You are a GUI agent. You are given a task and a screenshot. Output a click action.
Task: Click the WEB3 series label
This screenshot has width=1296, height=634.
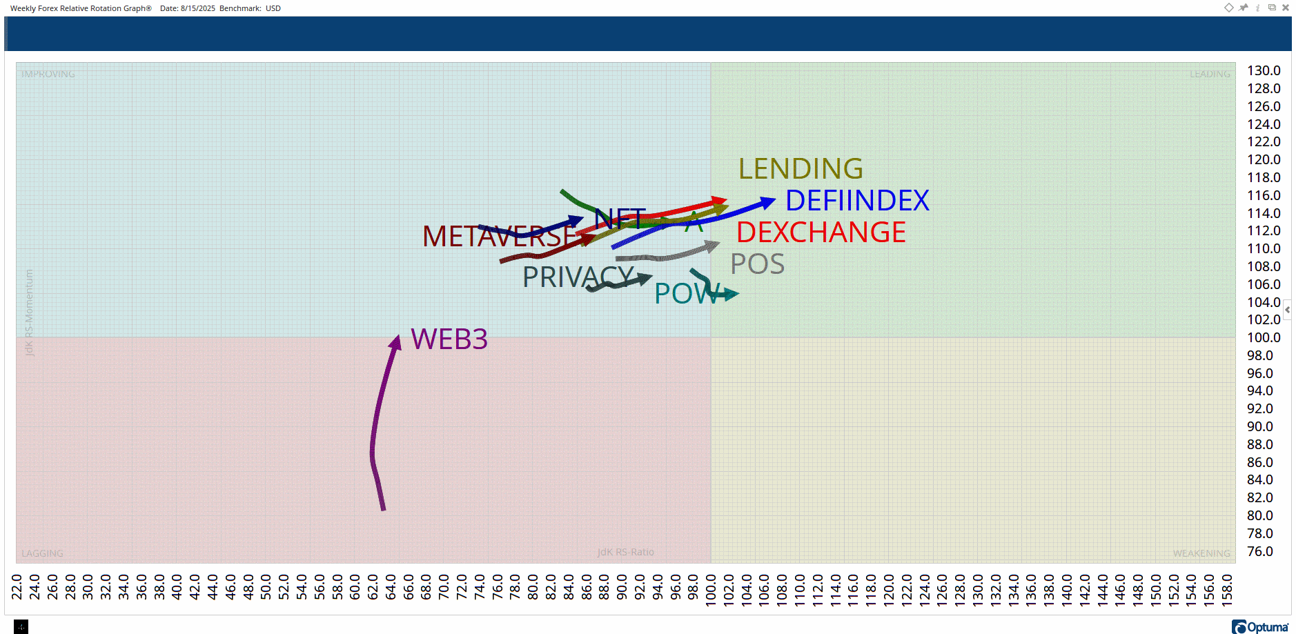449,339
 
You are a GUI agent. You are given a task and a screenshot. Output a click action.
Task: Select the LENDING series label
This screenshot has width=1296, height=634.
801,169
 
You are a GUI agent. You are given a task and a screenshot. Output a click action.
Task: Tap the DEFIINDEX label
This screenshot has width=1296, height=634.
857,201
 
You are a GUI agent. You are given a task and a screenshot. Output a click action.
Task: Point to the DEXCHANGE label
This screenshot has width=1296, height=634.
821,232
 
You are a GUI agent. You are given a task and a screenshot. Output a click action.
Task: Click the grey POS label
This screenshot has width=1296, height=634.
757,264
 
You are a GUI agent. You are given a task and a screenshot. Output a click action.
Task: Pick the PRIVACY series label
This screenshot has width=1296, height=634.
577,277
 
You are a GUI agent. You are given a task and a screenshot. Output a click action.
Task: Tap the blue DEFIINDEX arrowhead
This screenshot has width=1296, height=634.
768,202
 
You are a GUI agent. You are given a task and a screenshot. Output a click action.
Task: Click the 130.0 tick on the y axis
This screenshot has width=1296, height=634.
1263,71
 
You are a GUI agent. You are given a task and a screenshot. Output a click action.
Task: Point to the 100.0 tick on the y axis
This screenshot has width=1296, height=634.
1263,338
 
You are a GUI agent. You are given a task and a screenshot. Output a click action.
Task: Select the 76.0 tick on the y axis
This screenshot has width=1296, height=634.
1259,552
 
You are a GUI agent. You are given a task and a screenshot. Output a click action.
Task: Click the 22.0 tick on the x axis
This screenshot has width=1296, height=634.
17,587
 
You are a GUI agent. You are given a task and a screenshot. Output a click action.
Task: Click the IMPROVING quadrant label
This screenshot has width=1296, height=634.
48,74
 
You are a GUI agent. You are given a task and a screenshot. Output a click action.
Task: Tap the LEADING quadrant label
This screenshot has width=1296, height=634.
1209,74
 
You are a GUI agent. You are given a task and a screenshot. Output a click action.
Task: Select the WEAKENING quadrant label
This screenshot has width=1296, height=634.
1201,553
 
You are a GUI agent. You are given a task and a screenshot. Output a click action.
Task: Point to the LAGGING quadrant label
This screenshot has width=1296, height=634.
42,553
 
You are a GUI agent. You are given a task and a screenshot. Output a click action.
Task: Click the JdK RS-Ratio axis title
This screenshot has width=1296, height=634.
625,552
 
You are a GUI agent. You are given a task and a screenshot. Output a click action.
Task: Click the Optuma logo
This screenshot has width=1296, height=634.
1260,626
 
